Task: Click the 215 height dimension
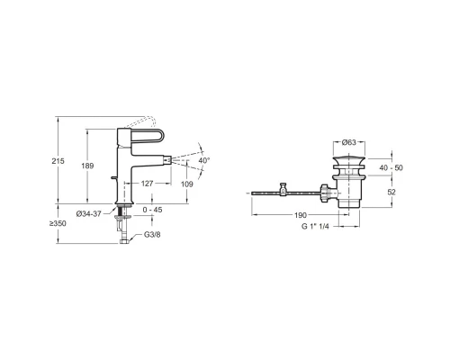(58, 161)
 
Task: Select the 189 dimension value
(87, 166)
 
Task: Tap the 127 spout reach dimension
(148, 184)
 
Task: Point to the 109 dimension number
(187, 184)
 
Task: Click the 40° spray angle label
(204, 160)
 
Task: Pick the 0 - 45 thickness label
(152, 210)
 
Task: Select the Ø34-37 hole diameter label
(89, 214)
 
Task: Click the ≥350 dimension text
(58, 223)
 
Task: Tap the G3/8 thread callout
(152, 234)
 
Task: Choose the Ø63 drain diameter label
(349, 142)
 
